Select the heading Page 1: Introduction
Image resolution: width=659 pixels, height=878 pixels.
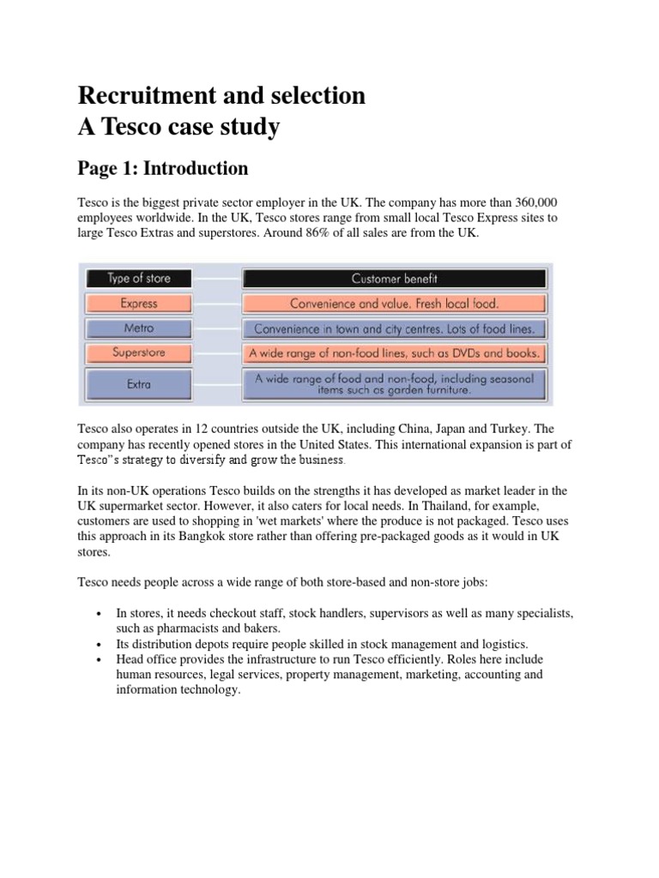162,168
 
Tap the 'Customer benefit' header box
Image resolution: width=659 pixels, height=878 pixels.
394,279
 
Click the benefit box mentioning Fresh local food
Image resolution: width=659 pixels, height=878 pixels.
394,304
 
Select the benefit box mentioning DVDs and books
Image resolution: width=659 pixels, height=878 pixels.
394,352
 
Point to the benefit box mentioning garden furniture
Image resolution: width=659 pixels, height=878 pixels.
394,384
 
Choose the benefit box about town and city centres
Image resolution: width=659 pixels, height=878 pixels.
394,328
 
